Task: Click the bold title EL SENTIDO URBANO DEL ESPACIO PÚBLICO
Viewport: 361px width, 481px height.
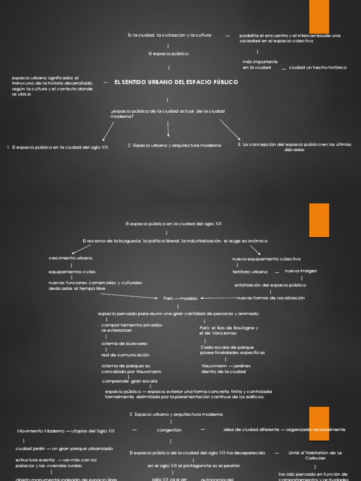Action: [x=176, y=82]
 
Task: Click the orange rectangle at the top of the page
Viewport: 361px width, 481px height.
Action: [x=319, y=16]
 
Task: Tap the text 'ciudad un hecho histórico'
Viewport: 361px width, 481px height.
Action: [x=318, y=68]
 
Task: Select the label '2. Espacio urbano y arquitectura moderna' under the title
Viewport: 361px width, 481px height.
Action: [x=174, y=145]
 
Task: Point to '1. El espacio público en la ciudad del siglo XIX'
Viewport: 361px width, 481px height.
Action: [x=58, y=147]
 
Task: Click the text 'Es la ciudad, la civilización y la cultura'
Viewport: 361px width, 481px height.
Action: [x=169, y=35]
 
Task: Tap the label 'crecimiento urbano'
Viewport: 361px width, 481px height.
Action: [x=71, y=258]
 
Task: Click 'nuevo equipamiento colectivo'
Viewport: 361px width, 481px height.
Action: [x=267, y=259]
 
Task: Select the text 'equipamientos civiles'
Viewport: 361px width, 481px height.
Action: [x=72, y=272]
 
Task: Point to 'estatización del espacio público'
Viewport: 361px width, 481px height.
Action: [x=270, y=285]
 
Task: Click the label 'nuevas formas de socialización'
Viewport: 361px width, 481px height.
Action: [x=270, y=298]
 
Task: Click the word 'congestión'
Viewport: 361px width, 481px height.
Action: [x=169, y=430]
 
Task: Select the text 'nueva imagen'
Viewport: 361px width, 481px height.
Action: [x=301, y=271]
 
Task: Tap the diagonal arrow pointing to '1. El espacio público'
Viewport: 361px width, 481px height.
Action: [x=108, y=131]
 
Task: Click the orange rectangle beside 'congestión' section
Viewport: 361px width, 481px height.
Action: [x=319, y=423]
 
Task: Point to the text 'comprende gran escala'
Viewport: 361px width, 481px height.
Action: [x=130, y=381]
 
